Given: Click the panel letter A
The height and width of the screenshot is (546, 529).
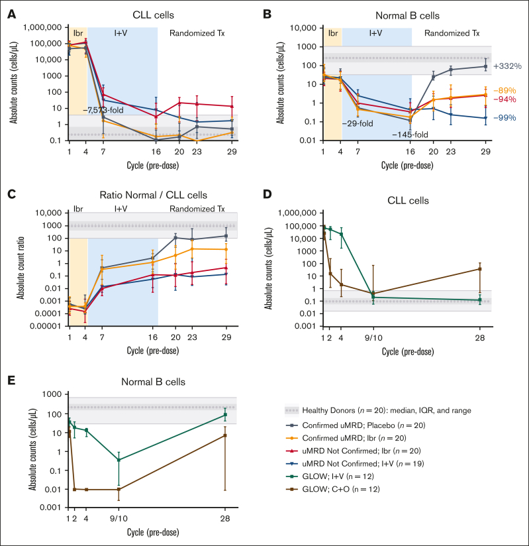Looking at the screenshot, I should click(x=12, y=12).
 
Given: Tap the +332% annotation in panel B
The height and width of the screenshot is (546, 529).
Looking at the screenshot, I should click(x=506, y=67).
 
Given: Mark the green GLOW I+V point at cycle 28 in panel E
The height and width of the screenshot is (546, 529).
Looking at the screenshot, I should click(x=226, y=415).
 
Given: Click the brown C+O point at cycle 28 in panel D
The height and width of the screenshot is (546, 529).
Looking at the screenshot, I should click(x=480, y=269).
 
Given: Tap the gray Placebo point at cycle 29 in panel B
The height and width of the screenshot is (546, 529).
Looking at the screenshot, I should click(x=485, y=66).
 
